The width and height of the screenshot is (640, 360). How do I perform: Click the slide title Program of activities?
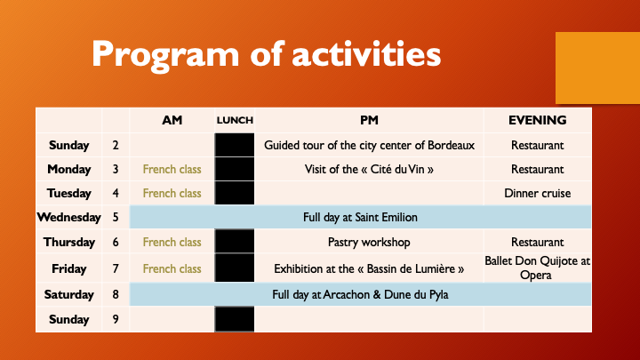point(266,54)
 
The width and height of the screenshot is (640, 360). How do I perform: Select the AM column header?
point(172,120)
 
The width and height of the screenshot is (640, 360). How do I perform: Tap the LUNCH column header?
point(235,120)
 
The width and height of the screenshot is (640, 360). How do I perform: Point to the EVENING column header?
point(537,120)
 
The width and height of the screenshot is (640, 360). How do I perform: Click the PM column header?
point(369,120)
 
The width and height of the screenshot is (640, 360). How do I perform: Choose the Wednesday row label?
point(68,217)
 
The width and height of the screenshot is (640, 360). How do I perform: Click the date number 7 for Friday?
point(116,268)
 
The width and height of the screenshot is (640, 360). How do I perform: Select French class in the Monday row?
point(172,169)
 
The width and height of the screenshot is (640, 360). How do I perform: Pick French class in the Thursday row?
point(172,242)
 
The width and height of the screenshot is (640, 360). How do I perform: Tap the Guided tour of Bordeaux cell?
point(369,145)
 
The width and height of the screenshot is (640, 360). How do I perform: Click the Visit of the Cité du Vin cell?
point(369,169)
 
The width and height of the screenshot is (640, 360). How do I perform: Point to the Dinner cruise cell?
point(537,193)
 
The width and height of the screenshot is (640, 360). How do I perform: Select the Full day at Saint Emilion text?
point(360,217)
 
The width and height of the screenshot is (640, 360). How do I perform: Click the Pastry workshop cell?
point(369,242)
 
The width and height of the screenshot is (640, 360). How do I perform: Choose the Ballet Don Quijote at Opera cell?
point(537,268)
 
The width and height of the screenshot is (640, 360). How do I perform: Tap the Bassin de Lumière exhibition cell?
point(369,268)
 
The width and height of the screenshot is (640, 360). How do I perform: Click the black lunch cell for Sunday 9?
point(235,319)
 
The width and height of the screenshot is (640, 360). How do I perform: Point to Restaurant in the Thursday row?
point(537,242)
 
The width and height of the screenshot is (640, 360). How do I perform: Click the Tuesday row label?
point(68,193)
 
